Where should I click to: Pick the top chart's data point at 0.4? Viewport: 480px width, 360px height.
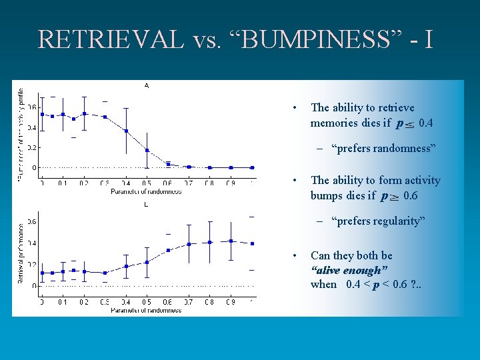click(126, 131)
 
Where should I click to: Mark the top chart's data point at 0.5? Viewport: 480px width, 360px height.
click(147, 150)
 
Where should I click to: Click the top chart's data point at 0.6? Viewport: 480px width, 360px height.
click(168, 163)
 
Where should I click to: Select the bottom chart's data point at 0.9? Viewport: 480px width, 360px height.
click(231, 241)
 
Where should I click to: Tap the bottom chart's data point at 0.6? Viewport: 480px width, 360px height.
click(168, 250)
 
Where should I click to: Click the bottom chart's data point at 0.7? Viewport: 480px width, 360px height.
click(189, 244)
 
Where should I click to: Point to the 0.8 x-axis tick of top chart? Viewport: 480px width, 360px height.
click(209, 183)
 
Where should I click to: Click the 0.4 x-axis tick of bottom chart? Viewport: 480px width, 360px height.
click(126, 302)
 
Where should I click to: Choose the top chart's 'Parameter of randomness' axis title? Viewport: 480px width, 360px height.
click(146, 191)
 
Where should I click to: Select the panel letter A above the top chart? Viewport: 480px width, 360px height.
click(147, 85)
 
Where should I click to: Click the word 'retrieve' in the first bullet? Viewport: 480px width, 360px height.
click(395, 107)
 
